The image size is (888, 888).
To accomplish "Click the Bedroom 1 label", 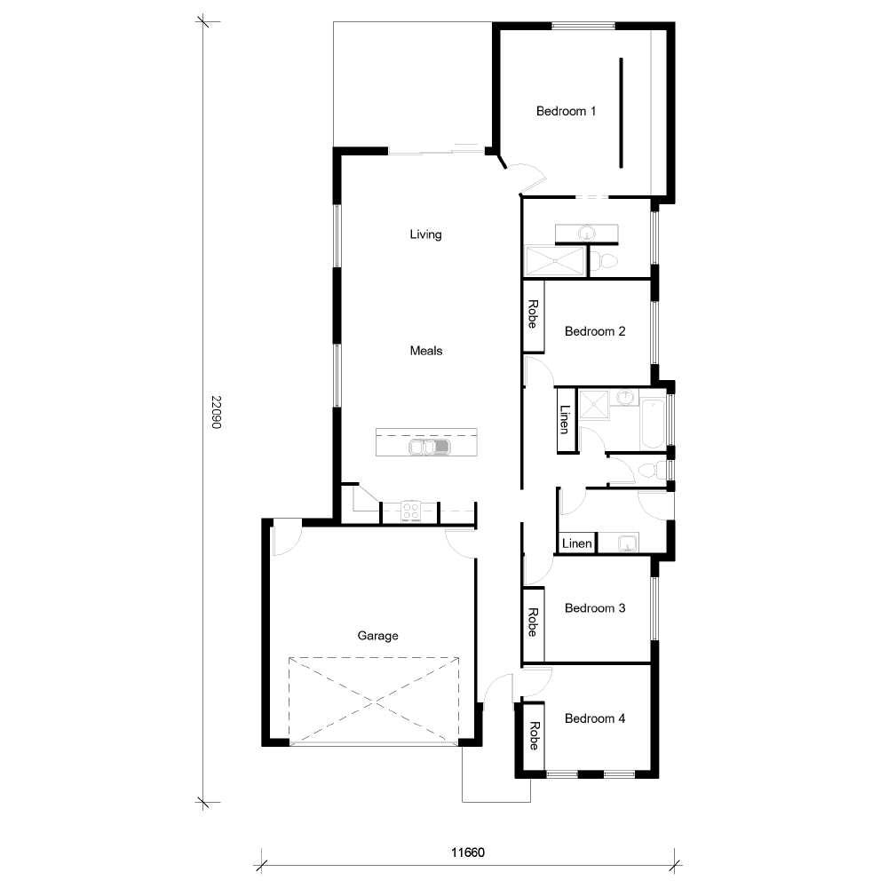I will point(566,111).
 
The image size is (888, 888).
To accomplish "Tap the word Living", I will point(425,235).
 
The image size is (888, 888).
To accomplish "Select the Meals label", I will point(425,351).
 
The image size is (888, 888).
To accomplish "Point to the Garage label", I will point(377,636).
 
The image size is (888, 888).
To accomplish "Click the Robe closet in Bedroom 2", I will point(533,315).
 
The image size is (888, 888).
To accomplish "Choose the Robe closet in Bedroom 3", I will point(533,623).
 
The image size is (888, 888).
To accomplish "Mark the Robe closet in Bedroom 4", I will point(533,736).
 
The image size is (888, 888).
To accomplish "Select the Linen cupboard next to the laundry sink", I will point(576,543).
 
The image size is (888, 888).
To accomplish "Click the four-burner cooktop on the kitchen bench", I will point(411,511).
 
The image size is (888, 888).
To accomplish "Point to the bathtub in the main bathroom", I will point(651,424).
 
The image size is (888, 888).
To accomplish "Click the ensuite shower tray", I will point(555,261).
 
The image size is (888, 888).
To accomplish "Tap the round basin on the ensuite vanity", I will point(586,233).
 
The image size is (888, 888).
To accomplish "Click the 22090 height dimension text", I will point(215,412).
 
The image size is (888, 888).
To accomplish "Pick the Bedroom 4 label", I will point(595,718).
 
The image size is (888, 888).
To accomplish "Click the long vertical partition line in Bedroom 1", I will point(621,113).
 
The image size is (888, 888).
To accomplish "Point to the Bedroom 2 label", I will point(595,331).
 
